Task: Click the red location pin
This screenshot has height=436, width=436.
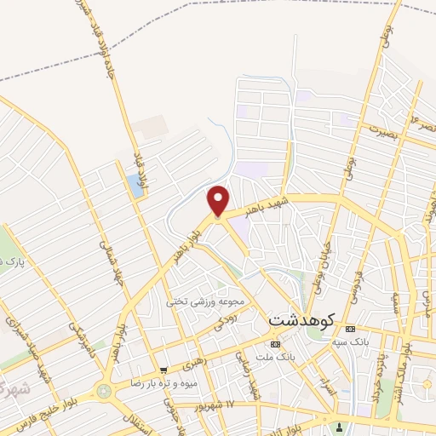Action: [219, 199]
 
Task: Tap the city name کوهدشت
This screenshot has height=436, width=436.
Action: [302, 320]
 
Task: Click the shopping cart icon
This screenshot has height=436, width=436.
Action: [163, 370]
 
